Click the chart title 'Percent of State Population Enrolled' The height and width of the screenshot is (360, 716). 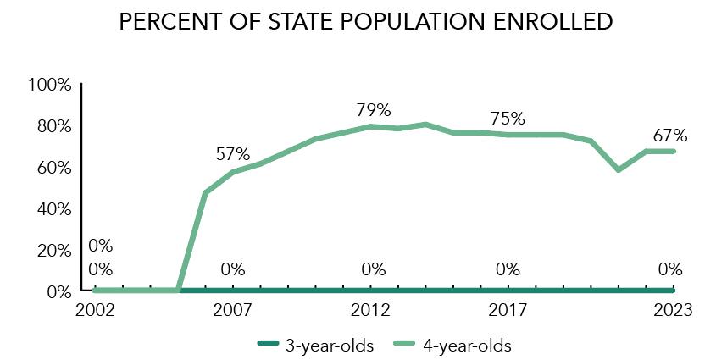coord(365,23)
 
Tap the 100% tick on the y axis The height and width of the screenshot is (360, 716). coord(50,85)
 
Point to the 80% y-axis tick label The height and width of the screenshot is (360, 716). coord(53,126)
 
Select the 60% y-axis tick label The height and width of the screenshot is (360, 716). coord(53,168)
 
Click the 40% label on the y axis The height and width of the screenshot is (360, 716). coord(53,209)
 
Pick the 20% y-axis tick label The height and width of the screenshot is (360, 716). coord(53,251)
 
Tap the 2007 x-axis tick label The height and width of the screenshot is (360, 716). coord(233,310)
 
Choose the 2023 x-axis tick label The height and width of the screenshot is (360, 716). coord(674,310)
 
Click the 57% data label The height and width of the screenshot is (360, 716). coord(232,154)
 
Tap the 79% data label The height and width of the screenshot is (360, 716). coord(373,110)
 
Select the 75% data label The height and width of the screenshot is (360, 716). coord(508,119)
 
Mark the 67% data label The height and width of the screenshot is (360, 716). coord(669,136)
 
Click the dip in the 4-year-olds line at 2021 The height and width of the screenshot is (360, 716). coord(619,170)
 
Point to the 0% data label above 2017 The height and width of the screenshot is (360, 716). coord(508,270)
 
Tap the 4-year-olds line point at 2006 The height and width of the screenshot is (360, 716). coord(205,193)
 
